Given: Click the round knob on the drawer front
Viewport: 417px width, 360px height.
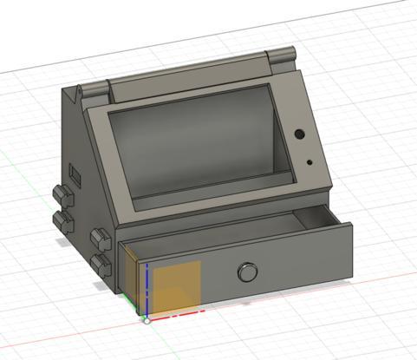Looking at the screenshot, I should click(248, 273).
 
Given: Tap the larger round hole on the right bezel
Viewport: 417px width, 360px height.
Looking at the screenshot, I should click(299, 135).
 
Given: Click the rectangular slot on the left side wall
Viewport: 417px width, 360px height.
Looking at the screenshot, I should click(75, 178).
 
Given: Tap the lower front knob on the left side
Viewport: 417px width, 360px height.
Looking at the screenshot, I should click(101, 262).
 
